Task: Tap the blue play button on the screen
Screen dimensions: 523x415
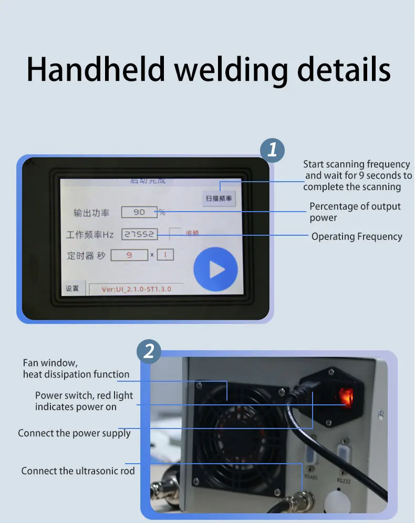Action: click(215, 270)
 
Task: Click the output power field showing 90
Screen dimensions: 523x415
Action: click(139, 213)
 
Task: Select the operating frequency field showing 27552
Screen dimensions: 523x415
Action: click(140, 235)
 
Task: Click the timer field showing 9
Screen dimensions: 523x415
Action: click(129, 255)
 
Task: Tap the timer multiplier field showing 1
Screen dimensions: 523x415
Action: click(165, 255)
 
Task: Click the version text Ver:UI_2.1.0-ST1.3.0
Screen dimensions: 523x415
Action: click(136, 289)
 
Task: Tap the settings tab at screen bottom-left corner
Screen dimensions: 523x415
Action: click(72, 289)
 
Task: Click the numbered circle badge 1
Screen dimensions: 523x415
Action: click(272, 150)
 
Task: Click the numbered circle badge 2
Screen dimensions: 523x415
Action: click(149, 351)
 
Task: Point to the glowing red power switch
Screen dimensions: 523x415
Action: click(346, 396)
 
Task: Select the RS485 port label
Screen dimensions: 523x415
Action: click(311, 476)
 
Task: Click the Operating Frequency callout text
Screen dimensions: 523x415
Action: click(357, 237)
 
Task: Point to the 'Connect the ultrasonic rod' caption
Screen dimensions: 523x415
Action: click(78, 471)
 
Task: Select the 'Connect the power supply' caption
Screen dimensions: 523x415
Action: click(74, 433)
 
